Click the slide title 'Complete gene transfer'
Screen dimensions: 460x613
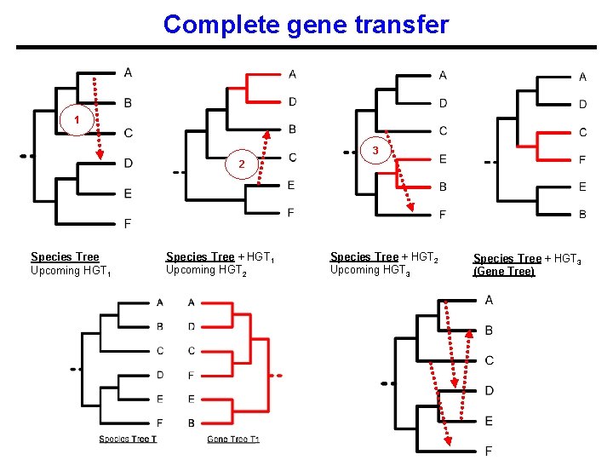306,24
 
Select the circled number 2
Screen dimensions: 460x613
241,164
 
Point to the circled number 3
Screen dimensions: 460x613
375,151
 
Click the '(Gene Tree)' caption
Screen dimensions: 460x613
504,272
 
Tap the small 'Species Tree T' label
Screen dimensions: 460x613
128,439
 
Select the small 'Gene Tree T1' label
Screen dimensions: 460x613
232,439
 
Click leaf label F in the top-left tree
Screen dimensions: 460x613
128,224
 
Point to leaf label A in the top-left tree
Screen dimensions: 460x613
128,72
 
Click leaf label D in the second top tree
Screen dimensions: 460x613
292,101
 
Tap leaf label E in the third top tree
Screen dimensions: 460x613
442,158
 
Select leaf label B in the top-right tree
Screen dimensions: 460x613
582,214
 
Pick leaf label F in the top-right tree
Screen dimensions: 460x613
582,159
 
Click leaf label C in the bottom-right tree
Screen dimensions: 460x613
489,360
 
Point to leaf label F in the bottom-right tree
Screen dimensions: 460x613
489,451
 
